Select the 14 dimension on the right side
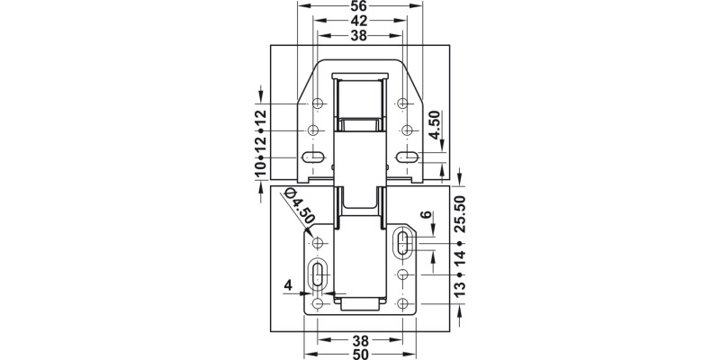460,262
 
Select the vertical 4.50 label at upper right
435,125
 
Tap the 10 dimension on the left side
259,166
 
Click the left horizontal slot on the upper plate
313,157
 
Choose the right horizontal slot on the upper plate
407,157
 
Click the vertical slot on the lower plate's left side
317,274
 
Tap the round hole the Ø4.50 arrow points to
317,242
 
